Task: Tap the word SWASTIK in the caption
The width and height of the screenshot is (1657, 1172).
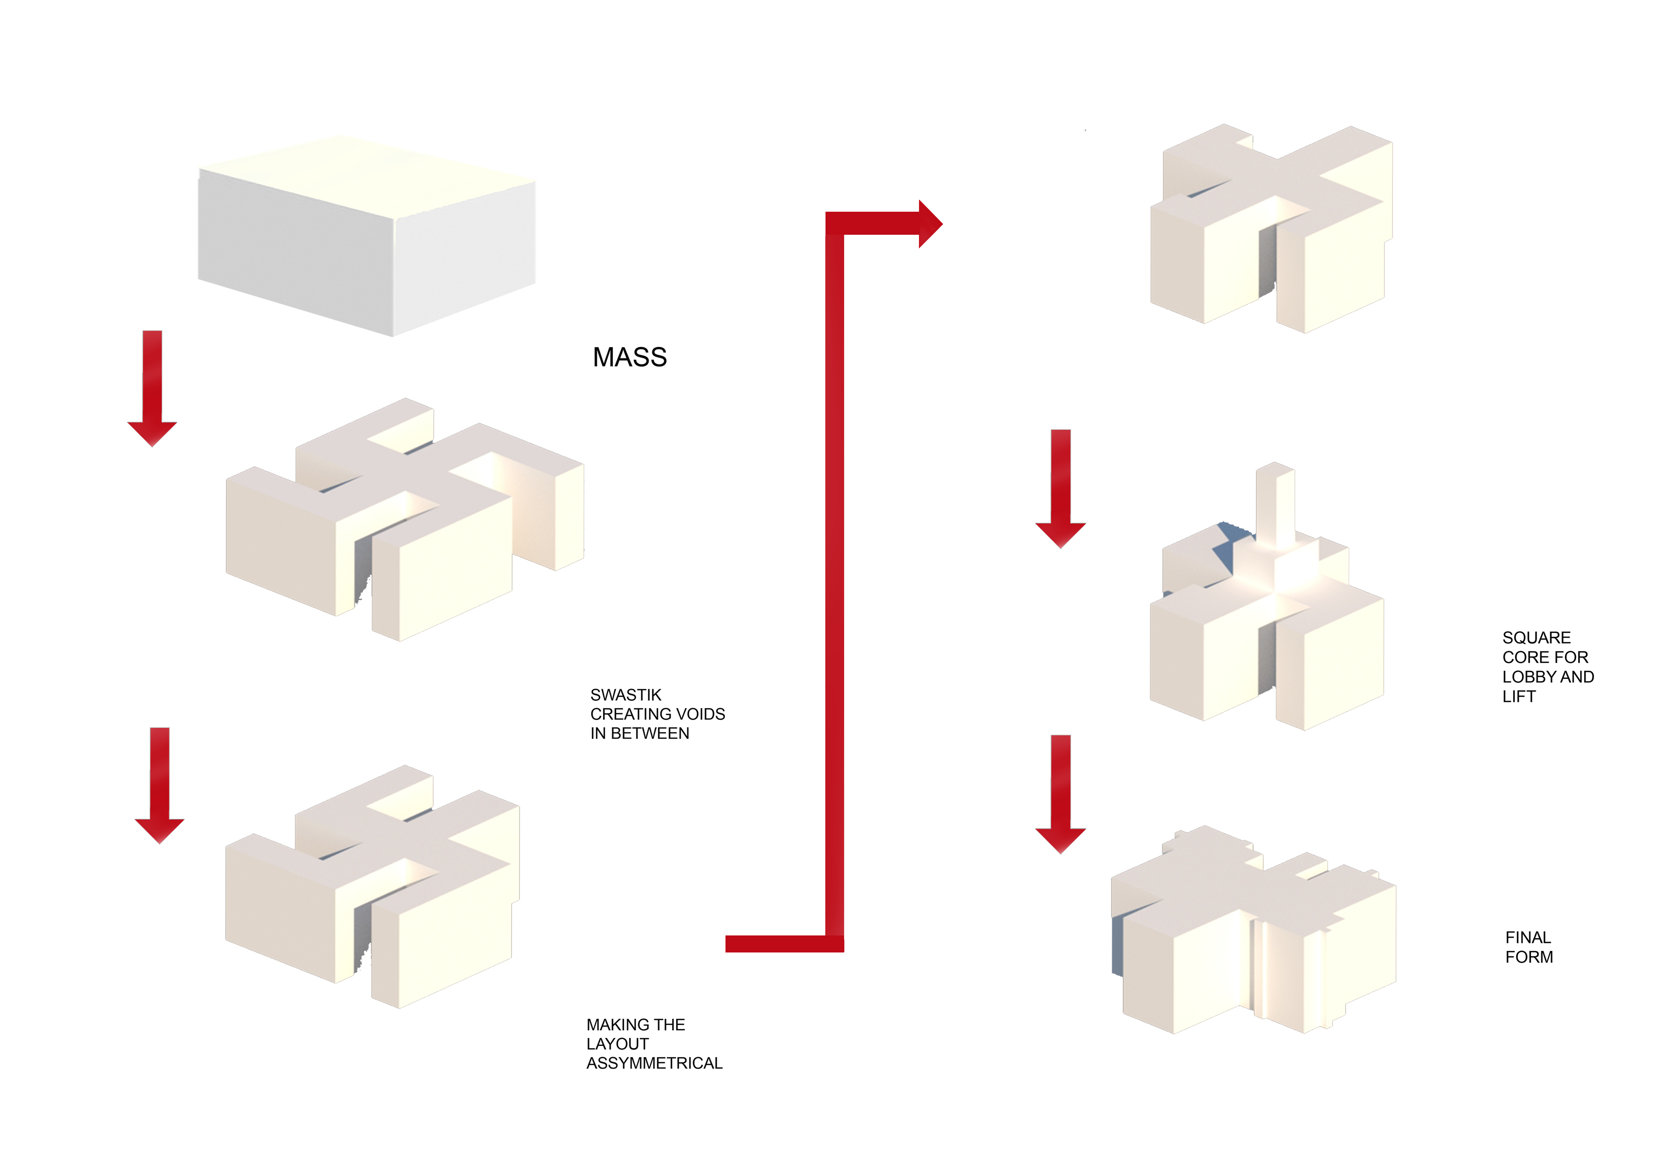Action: click(x=626, y=695)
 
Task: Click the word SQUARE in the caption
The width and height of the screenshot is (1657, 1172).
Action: click(x=1537, y=638)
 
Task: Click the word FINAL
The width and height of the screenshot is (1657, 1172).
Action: click(x=1528, y=937)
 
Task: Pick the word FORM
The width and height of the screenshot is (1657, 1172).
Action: click(x=1529, y=957)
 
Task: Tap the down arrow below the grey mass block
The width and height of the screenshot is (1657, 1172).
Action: click(x=152, y=389)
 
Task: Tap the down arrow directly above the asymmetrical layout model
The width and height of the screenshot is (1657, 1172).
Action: click(x=160, y=786)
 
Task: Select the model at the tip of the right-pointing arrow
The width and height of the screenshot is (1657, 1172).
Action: click(x=1271, y=228)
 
